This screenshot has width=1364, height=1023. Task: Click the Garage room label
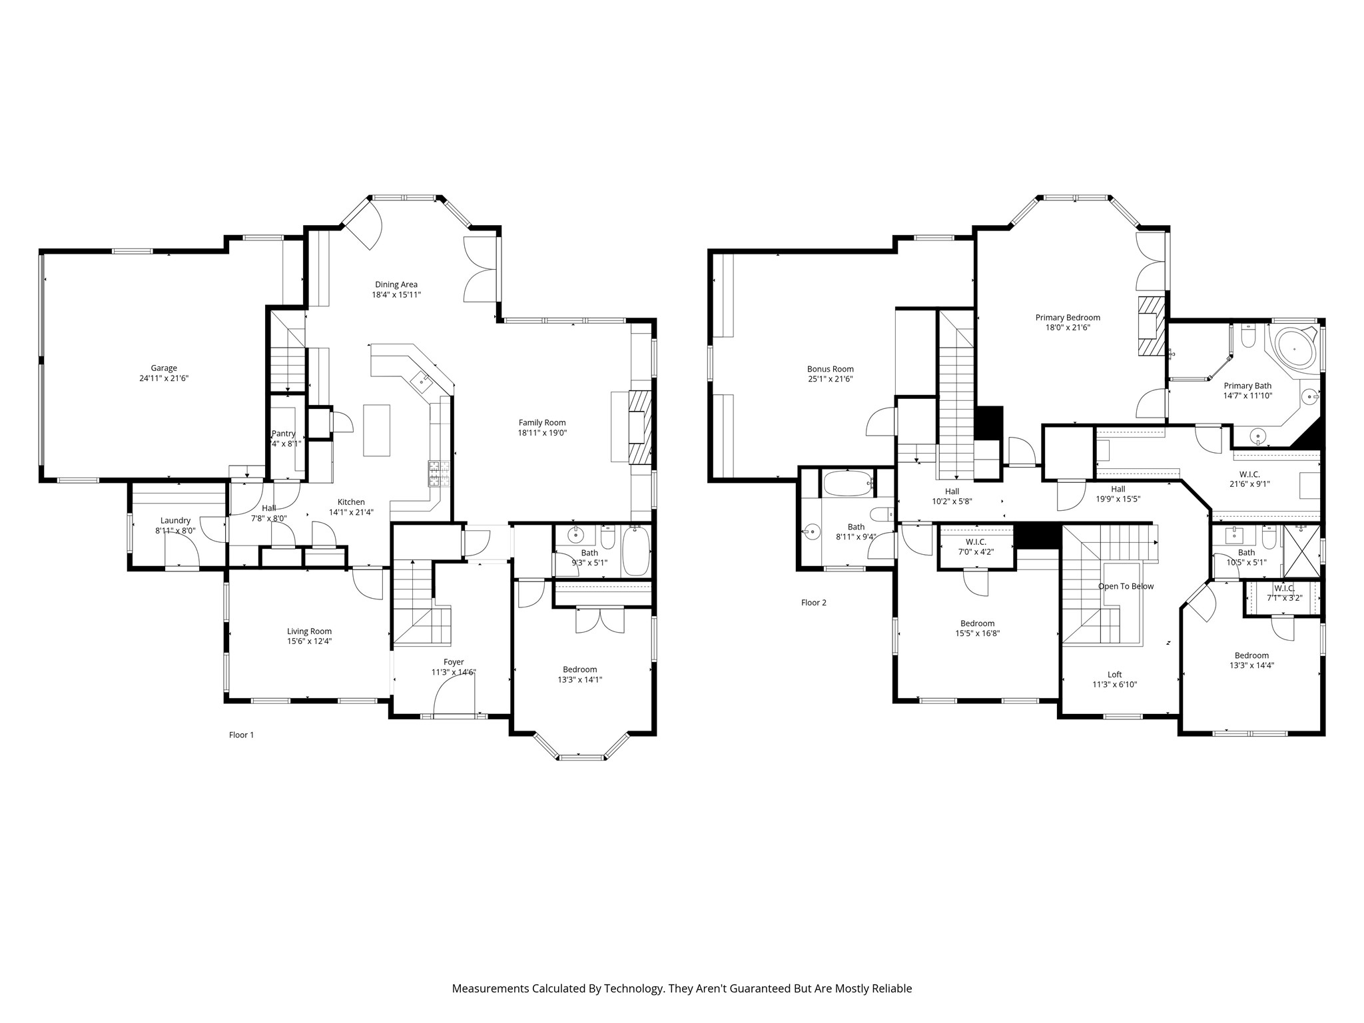tap(164, 368)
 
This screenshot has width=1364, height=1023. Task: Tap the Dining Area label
tap(396, 284)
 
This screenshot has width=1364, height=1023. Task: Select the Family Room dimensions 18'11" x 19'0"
tap(543, 432)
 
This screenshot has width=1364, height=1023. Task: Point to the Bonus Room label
tap(831, 369)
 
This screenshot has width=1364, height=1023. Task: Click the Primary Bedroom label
tap(1068, 318)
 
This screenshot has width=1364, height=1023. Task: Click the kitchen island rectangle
tap(376, 430)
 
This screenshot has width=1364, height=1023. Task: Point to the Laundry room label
tap(176, 521)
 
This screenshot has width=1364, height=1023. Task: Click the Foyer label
tap(454, 662)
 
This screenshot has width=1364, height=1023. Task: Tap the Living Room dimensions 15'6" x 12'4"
tap(310, 641)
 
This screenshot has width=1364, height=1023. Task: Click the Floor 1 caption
tap(242, 735)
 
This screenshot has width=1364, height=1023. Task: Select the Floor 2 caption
tap(814, 603)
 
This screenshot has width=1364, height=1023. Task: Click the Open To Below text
tap(1126, 587)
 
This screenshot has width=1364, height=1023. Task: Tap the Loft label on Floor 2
tap(1114, 675)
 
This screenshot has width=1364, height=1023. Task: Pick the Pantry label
tap(284, 434)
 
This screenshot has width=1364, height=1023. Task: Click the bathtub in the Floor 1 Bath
tap(635, 550)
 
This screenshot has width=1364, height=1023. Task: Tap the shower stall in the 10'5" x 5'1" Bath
tap(1301, 551)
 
